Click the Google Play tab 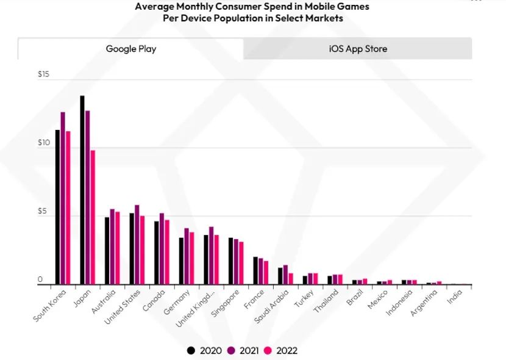click(130, 49)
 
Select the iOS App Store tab click(358, 49)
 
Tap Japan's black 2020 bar click(82, 190)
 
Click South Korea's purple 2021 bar click(62, 198)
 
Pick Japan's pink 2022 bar click(93, 217)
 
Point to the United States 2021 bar click(137, 245)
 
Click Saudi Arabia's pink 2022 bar click(291, 278)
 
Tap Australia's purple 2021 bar click(112, 247)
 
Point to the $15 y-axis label click(43, 74)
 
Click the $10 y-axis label click(43, 142)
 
